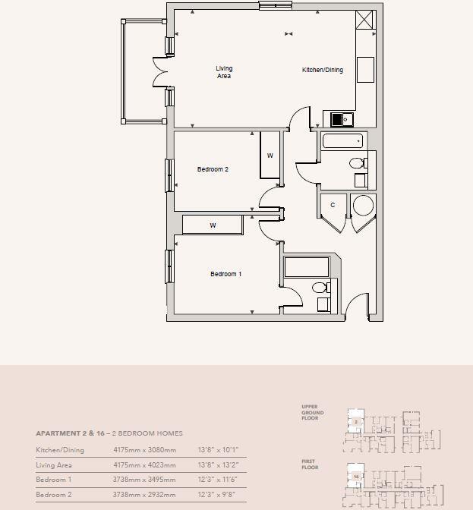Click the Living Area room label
click(224, 73)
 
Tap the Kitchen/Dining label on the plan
click(323, 70)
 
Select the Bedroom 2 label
click(213, 169)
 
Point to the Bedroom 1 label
click(225, 274)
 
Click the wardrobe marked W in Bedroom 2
click(270, 156)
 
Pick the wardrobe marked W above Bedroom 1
click(213, 225)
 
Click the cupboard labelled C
click(333, 206)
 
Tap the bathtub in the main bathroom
click(343, 141)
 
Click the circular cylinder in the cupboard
click(364, 206)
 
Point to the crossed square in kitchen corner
click(365, 20)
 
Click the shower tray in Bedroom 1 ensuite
click(307, 267)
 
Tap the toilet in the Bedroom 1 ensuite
click(322, 288)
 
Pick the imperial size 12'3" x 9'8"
click(218, 495)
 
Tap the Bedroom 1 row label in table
click(52, 480)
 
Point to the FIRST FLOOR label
click(309, 465)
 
